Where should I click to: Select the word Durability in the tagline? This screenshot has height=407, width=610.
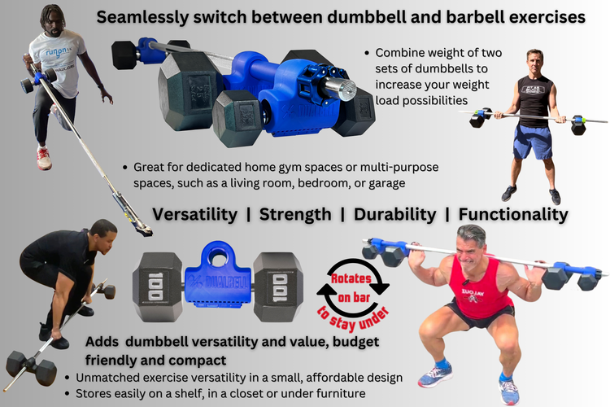click(394, 214)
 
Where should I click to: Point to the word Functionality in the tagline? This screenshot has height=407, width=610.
click(512, 214)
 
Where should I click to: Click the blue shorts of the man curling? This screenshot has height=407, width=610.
click(533, 142)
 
